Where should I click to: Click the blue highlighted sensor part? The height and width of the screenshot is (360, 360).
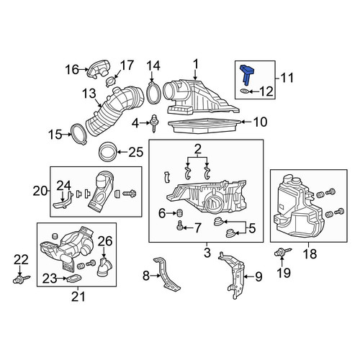[246, 73]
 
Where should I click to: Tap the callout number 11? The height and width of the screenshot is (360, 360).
[287, 78]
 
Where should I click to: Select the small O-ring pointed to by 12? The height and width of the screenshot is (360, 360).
[244, 91]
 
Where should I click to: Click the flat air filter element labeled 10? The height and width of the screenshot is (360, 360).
[204, 126]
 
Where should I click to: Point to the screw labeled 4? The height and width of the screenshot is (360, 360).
[153, 124]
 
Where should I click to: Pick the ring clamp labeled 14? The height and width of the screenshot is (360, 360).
[153, 94]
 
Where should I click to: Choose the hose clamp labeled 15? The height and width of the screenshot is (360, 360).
[78, 134]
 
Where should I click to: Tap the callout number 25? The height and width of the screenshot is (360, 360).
[136, 152]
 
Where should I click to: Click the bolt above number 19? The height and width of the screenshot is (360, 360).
[283, 252]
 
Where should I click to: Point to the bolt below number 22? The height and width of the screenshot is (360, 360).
[22, 279]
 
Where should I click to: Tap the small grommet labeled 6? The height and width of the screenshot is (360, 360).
[179, 212]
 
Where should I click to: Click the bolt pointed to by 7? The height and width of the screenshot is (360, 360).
[180, 226]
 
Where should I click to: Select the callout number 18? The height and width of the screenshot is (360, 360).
[310, 254]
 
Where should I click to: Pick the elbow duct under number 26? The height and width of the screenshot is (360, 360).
[104, 267]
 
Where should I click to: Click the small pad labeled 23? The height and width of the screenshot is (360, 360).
[73, 279]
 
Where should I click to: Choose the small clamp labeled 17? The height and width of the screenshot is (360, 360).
[111, 81]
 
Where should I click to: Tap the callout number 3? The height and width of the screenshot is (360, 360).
[207, 253]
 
